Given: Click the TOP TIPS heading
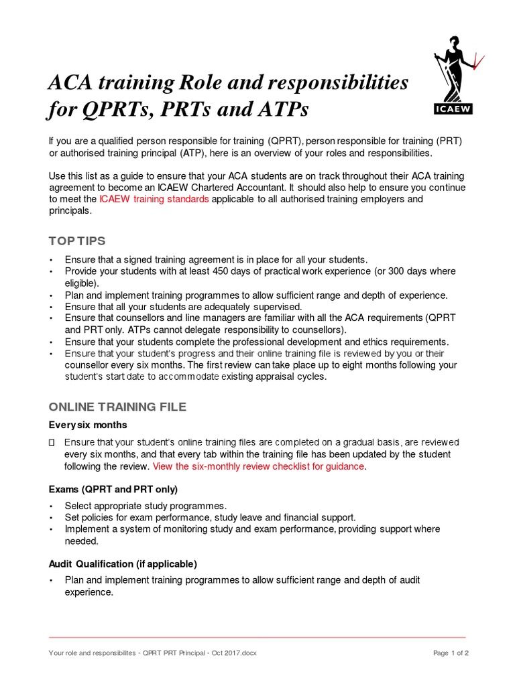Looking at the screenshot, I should tap(77, 241).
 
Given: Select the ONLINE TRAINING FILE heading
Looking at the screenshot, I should tap(117, 407).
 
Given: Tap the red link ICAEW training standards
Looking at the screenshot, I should tap(154, 199).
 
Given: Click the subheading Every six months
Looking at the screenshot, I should tap(88, 425).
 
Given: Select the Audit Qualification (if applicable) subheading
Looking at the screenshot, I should tap(123, 563).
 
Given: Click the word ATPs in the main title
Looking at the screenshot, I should tap(278, 109).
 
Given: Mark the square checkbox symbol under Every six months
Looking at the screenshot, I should tap(52, 442).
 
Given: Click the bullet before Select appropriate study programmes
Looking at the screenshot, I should tap(50, 505).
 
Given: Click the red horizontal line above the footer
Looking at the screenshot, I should tap(257, 637).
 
